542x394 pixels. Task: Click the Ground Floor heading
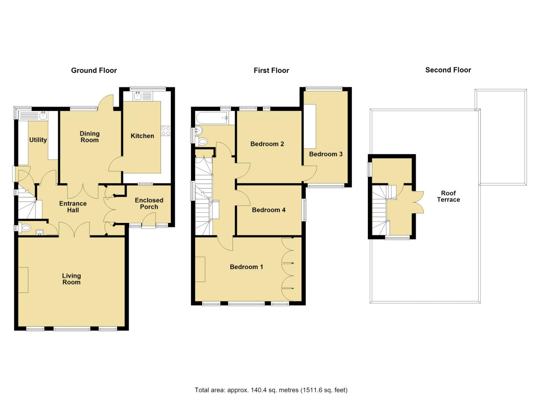pyautogui.click(x=94, y=70)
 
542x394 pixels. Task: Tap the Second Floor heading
pyautogui.click(x=448, y=70)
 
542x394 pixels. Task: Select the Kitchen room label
pyautogui.click(x=142, y=136)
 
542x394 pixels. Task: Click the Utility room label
pyautogui.click(x=38, y=140)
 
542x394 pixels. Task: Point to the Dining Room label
pyautogui.click(x=89, y=137)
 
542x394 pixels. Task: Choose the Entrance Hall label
pyautogui.click(x=73, y=207)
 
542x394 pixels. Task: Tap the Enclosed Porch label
pyautogui.click(x=149, y=204)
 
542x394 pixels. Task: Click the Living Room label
pyautogui.click(x=72, y=279)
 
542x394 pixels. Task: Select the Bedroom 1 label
pyautogui.click(x=246, y=267)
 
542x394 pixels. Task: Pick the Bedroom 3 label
pyautogui.click(x=326, y=154)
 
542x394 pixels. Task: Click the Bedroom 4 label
pyautogui.click(x=269, y=210)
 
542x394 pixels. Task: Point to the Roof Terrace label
pyautogui.click(x=448, y=196)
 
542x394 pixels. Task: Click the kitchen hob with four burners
pyautogui.click(x=166, y=131)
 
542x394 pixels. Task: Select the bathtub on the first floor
pyautogui.click(x=212, y=118)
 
